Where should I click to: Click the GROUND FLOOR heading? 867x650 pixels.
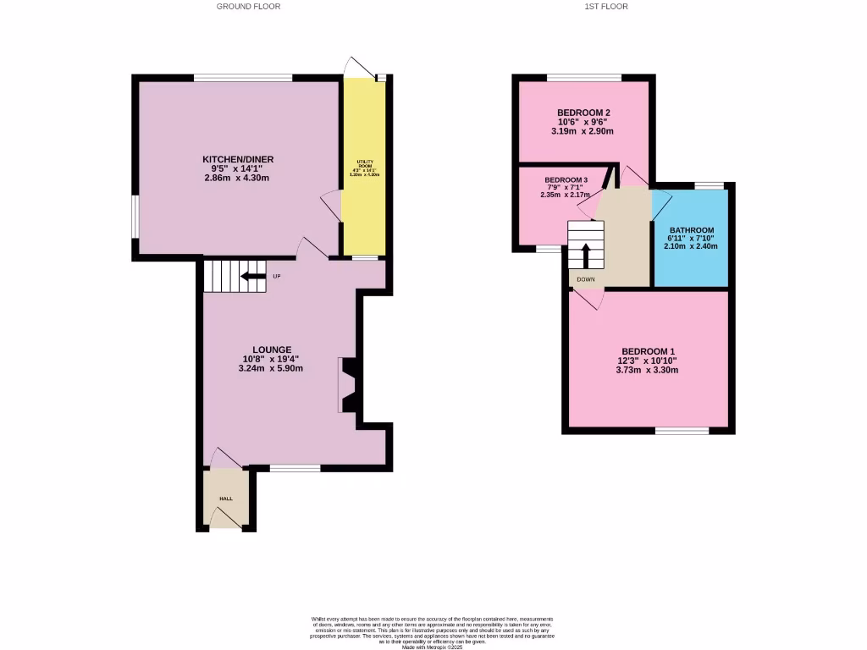click(x=248, y=7)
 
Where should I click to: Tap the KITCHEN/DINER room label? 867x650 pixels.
click(x=238, y=159)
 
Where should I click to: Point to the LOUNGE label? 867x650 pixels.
click(x=271, y=350)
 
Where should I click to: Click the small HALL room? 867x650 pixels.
click(x=226, y=499)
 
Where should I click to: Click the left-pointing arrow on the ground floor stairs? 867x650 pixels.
click(x=251, y=276)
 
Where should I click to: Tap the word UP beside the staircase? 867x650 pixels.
click(x=276, y=276)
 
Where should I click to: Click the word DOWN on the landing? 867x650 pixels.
click(x=585, y=279)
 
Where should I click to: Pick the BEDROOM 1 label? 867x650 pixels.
click(x=649, y=351)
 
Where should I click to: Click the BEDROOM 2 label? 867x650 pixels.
click(x=583, y=113)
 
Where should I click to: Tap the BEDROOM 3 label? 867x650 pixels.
click(x=566, y=180)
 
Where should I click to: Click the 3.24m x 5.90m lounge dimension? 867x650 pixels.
click(x=271, y=368)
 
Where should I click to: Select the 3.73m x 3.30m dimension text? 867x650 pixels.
click(x=649, y=370)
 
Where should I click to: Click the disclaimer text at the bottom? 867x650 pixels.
click(x=433, y=631)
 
